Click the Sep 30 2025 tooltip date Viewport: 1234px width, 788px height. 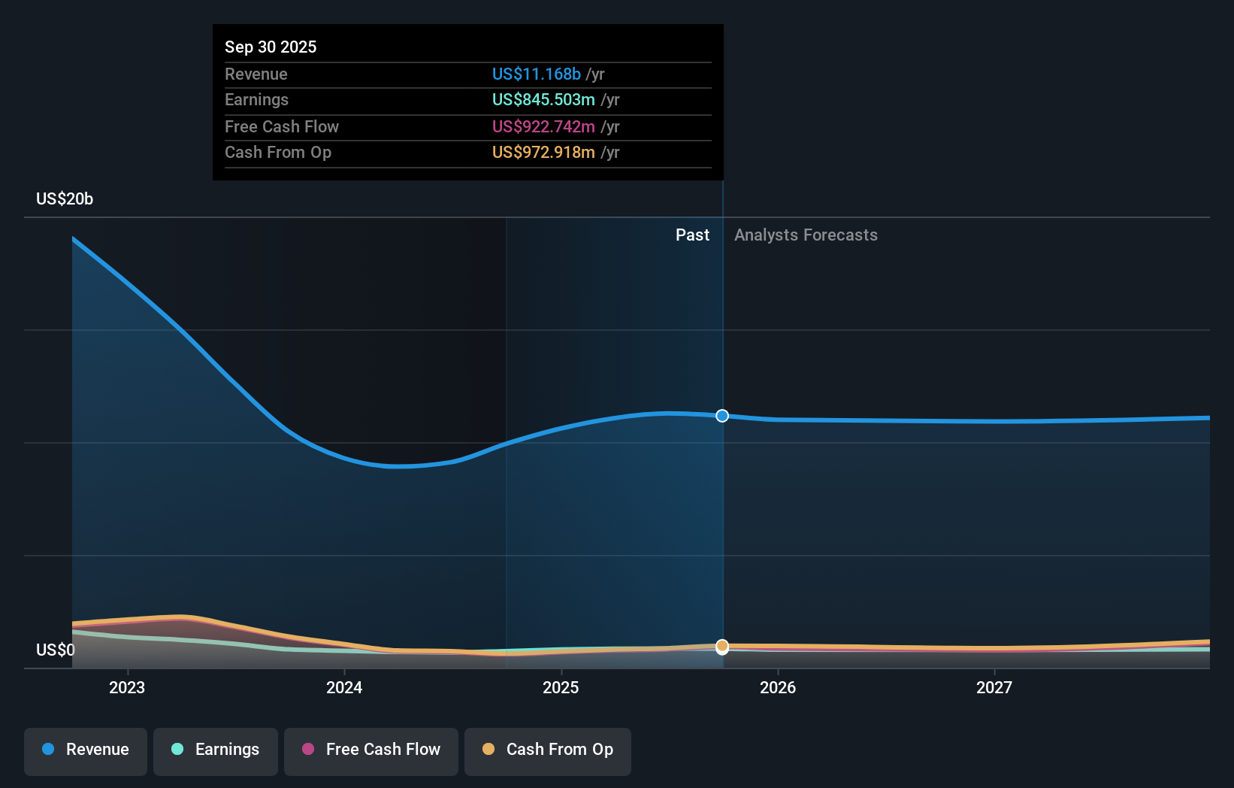tap(271, 47)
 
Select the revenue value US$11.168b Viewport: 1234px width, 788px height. tap(536, 74)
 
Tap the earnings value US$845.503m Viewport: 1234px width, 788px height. tap(543, 99)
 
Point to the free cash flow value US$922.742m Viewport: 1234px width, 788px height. tap(543, 126)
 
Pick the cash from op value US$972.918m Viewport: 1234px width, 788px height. tap(543, 152)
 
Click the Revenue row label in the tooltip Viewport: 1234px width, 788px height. tap(256, 74)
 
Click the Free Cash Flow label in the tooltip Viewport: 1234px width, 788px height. tap(282, 126)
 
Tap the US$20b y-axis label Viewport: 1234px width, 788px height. tap(65, 199)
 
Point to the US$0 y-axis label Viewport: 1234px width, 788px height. tap(56, 650)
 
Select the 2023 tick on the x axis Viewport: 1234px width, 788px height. tap(127, 687)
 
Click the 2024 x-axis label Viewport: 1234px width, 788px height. tap(344, 687)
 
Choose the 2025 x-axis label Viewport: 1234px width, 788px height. tap(561, 687)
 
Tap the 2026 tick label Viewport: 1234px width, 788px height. tap(778, 687)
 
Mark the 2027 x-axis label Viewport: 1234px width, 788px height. tap(994, 687)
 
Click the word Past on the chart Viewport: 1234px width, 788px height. tap(692, 235)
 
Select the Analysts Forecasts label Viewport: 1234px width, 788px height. tap(806, 235)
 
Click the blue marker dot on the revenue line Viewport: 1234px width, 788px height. tap(722, 416)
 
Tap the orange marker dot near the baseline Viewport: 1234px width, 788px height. tap(722, 646)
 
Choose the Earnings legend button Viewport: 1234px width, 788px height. tap(216, 750)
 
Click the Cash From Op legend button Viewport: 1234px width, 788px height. tap(548, 750)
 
